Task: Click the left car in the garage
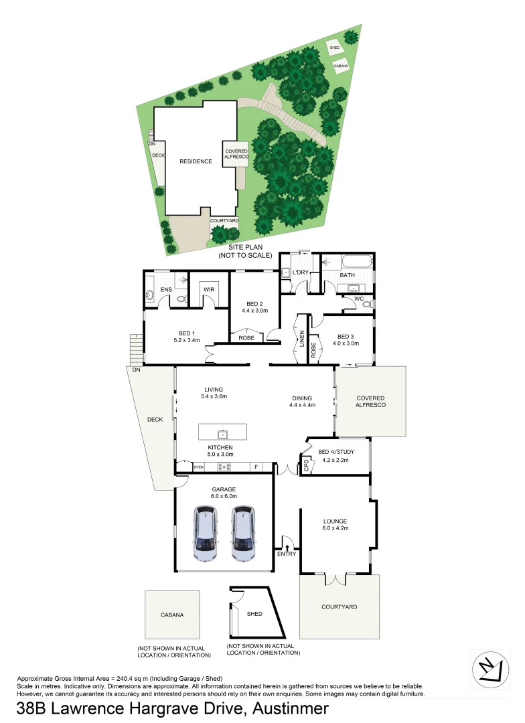[206, 533]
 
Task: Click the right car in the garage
[244, 533]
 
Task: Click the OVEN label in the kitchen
[199, 467]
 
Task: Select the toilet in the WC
[366, 303]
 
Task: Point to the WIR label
[208, 289]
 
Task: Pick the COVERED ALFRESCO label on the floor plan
[371, 401]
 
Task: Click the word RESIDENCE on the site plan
[196, 161]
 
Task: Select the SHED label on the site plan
[333, 48]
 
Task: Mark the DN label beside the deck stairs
[136, 370]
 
